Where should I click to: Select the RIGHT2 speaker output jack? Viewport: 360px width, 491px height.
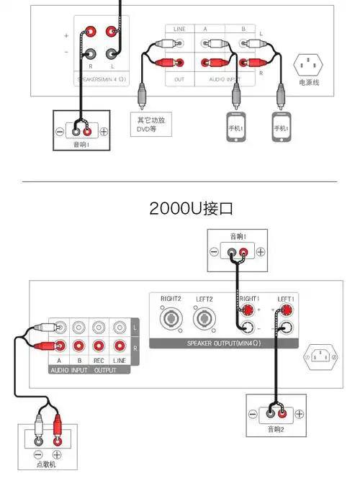pos(170,317)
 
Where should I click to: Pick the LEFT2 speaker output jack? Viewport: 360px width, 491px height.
pos(204,317)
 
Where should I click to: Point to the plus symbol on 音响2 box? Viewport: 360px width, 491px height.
pos(296,414)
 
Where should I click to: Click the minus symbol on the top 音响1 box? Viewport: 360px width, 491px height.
pos(214,253)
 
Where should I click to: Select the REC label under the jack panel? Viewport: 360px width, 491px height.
pos(99,360)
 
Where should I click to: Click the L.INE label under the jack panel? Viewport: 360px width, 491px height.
pos(120,360)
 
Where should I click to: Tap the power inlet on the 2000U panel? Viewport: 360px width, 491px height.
pos(318,355)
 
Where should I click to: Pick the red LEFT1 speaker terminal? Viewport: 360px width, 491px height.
pos(287,311)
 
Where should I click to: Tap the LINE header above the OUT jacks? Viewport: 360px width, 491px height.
pos(179,29)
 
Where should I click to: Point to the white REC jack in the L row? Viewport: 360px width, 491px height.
pos(99,328)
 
